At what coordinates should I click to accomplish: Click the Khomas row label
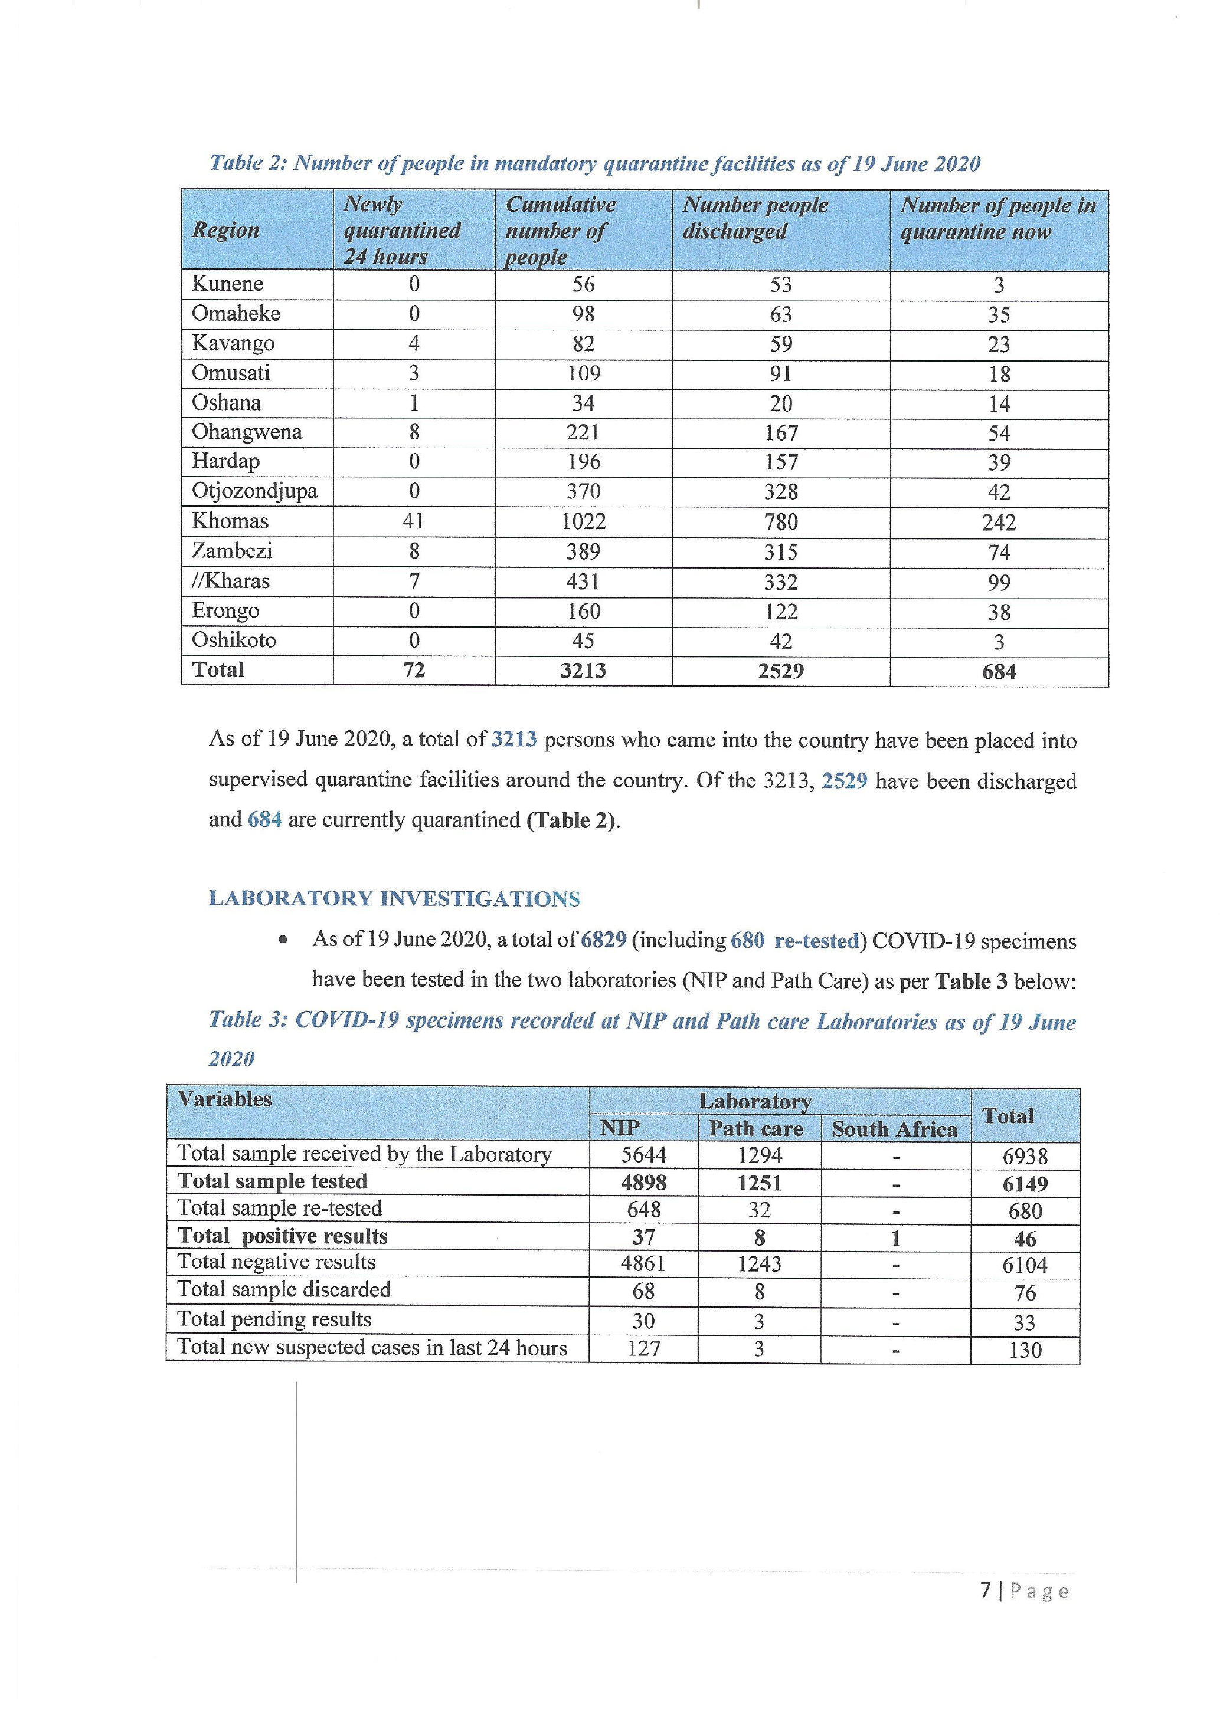230,521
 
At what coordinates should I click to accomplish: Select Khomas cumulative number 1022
583,522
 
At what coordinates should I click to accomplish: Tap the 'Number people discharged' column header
755,218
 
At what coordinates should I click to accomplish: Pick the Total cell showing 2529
780,671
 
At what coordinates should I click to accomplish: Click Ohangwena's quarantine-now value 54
999,434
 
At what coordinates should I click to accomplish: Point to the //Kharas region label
231,581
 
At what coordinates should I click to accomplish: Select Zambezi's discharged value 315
780,552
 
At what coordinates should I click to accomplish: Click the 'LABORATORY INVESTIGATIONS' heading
394,899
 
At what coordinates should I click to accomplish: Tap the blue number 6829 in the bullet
603,941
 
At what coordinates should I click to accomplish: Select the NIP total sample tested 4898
644,1183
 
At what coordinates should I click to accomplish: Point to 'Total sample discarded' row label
284,1290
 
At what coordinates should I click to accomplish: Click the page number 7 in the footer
986,1590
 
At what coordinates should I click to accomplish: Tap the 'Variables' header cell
225,1099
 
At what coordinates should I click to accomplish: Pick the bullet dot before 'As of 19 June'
283,940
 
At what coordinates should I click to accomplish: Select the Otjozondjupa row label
254,491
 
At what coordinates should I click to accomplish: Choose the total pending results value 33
1025,1322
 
